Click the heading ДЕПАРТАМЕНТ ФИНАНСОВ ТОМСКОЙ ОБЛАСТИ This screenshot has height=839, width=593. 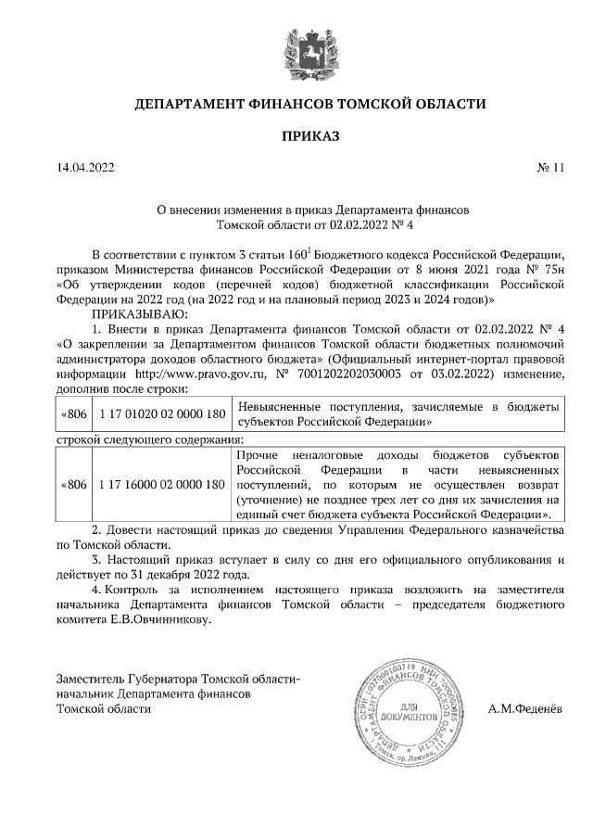[310, 104]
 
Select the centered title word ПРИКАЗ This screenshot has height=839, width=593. [310, 137]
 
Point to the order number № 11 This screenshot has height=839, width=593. [549, 168]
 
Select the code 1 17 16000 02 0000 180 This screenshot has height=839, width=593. [160, 485]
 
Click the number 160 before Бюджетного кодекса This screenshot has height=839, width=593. [298, 255]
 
